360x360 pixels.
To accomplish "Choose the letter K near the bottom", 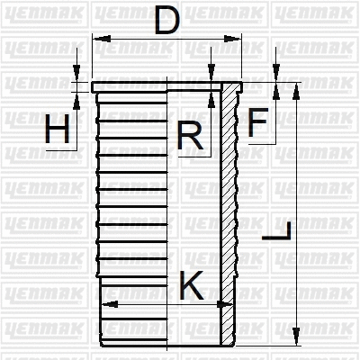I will [x=192, y=285].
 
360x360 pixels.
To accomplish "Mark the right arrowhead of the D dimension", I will [x=237, y=39].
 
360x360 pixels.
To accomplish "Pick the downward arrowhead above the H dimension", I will [x=79, y=76].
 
